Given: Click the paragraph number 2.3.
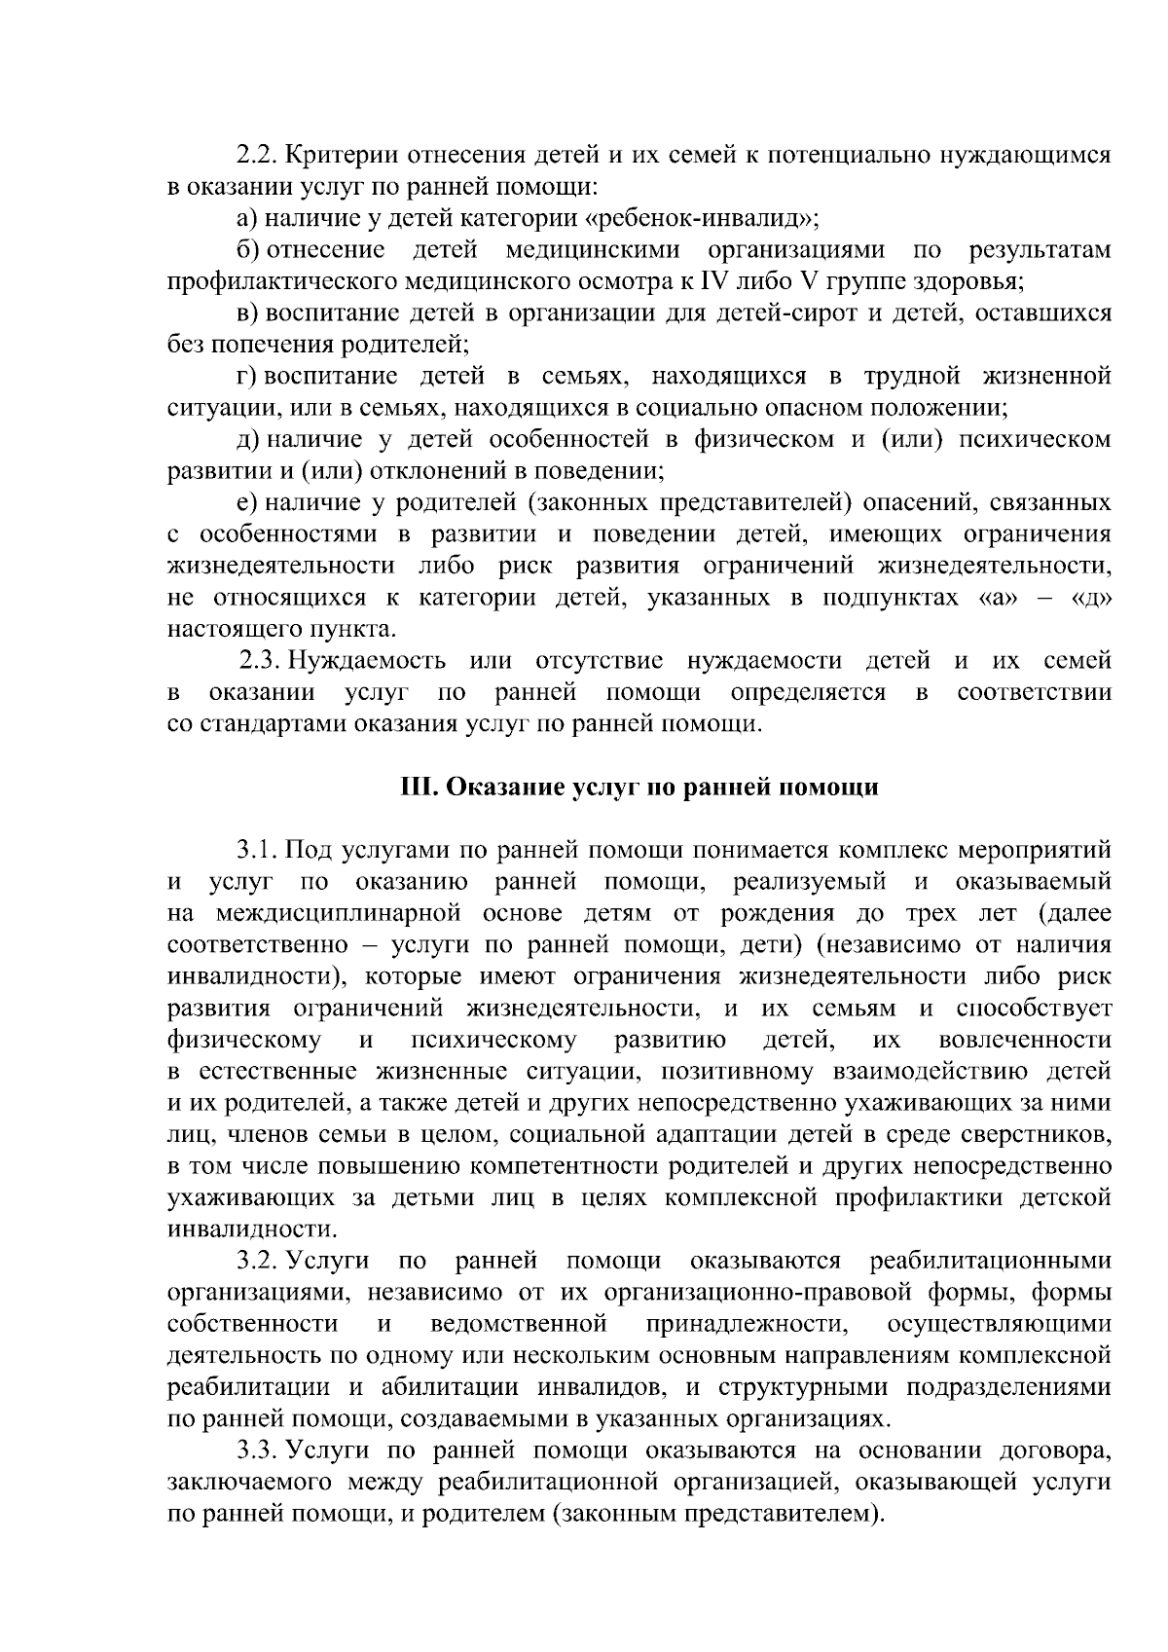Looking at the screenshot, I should point(259,662).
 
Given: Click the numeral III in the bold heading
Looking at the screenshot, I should point(419,788).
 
